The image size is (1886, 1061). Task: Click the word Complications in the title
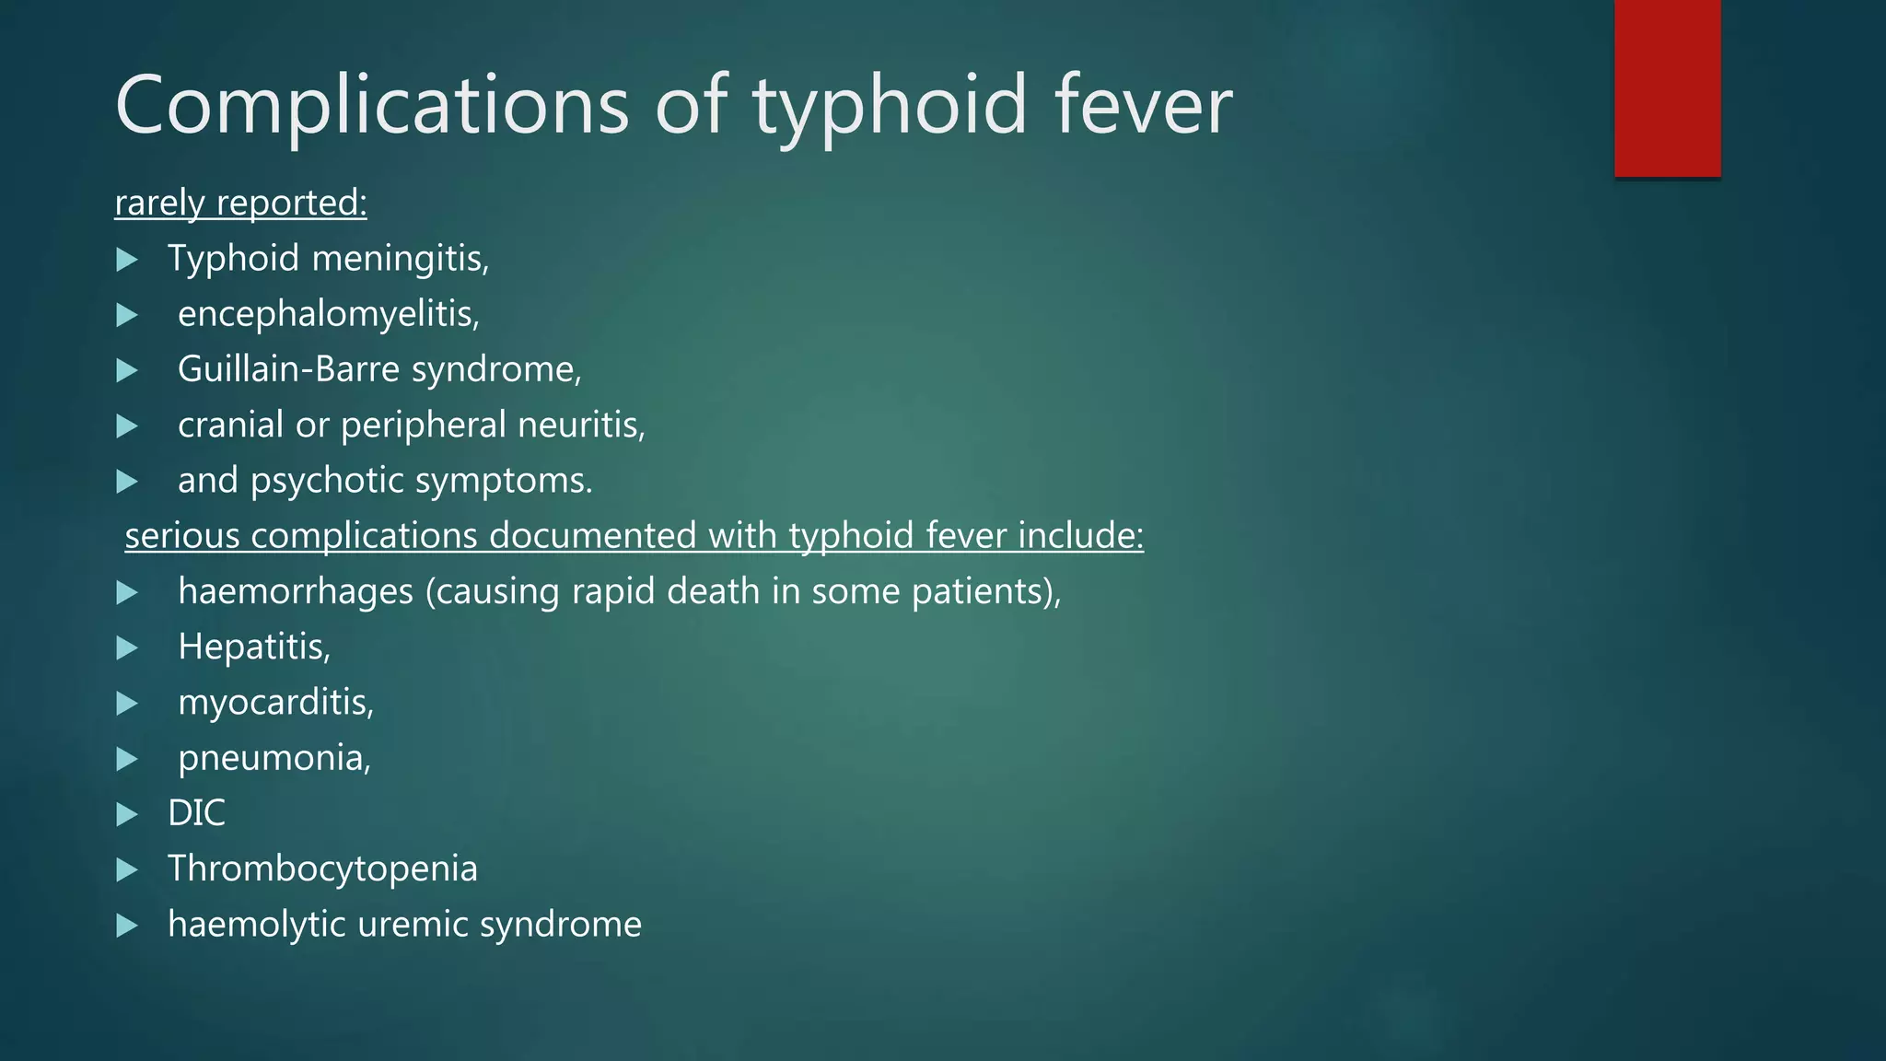(372, 106)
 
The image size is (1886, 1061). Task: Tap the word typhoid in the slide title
(890, 106)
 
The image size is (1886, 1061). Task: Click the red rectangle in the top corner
(1667, 87)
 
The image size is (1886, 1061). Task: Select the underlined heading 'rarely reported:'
(240, 203)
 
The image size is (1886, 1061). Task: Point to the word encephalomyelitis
(328, 314)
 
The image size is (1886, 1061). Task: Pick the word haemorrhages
(296, 591)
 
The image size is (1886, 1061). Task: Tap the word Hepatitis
(253, 647)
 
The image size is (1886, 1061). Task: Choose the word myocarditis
(275, 703)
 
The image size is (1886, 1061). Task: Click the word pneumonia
(274, 758)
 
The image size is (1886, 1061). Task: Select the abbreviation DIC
(196, 813)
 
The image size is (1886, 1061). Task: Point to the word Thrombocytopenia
(322, 869)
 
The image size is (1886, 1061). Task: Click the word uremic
(412, 924)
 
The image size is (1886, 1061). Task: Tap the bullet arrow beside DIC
(127, 814)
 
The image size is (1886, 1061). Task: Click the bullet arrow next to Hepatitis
(127, 647)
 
